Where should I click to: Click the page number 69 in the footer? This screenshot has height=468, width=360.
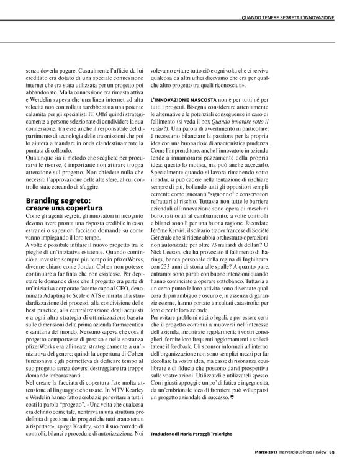(x=332, y=451)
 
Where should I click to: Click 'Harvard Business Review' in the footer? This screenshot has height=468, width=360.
(x=300, y=451)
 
